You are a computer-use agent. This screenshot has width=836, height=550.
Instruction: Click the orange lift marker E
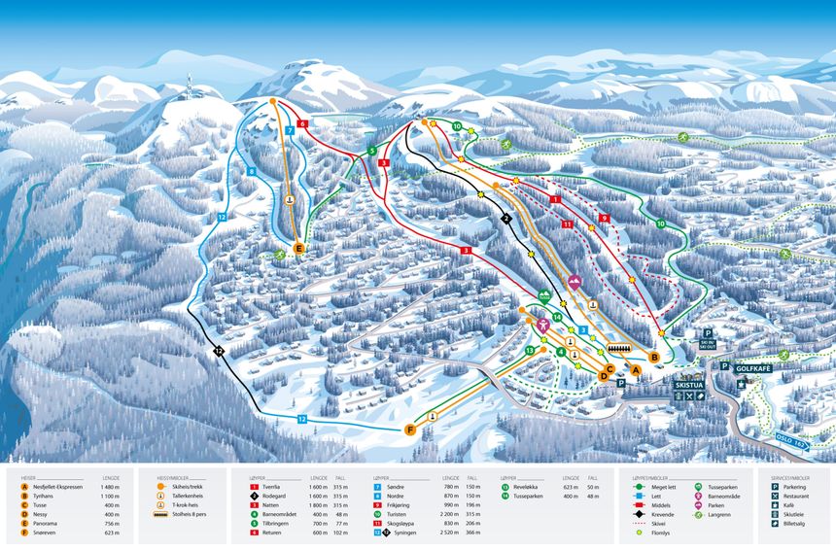pos(299,250)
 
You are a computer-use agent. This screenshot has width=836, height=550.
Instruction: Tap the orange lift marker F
pos(410,430)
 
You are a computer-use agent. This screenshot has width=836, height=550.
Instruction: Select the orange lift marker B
pos(654,358)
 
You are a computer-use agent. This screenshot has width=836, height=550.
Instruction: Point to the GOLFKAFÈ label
pos(752,368)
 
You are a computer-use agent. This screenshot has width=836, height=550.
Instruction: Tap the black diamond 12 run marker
pos(220,351)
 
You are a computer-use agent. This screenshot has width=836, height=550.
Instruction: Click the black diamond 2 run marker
pos(505,219)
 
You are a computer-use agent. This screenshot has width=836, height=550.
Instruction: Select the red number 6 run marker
pos(303,124)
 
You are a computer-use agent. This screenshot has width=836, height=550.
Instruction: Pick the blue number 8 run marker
pos(251,171)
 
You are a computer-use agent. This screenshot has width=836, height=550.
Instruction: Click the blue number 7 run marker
pos(290,130)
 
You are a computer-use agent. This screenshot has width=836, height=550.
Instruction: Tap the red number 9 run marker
pos(604,219)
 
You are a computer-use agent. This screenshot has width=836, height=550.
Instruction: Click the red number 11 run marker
pos(566,224)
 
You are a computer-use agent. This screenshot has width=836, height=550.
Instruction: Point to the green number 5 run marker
pos(371,151)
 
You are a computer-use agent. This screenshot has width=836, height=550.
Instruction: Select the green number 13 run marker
pos(530,350)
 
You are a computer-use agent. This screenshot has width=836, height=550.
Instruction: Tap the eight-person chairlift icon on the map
pos(619,348)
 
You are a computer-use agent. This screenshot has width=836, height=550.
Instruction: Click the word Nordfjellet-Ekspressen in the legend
pos(59,487)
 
